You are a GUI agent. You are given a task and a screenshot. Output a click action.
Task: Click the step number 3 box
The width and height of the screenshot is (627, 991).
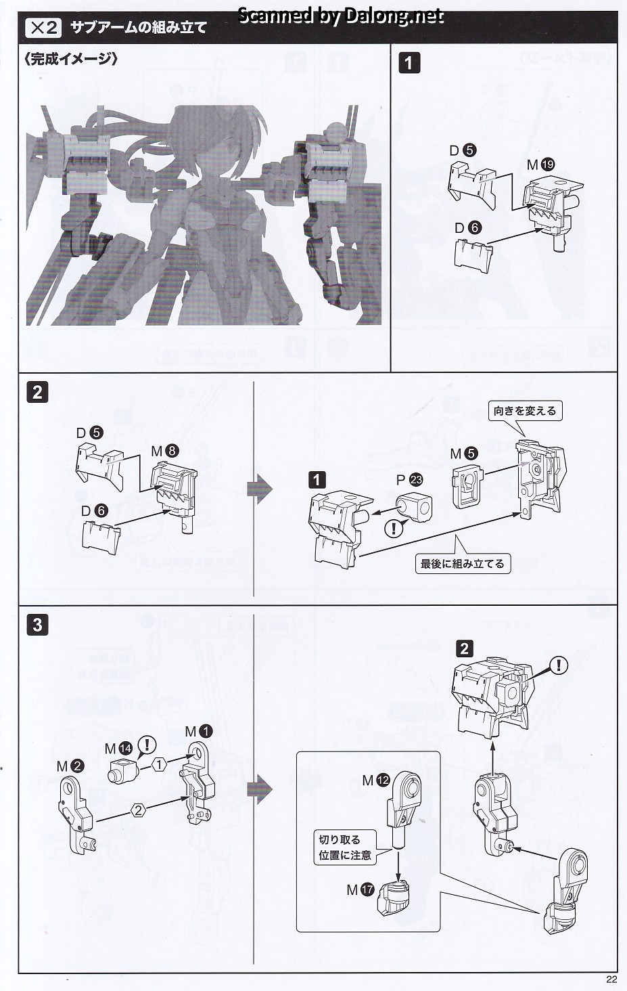coord(37,624)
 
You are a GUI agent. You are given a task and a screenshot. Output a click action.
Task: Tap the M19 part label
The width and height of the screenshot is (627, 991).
coord(540,164)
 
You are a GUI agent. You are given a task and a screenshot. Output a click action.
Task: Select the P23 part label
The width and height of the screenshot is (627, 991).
coord(409,479)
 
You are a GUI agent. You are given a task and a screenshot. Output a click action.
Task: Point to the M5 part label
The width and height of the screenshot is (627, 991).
coord(464,452)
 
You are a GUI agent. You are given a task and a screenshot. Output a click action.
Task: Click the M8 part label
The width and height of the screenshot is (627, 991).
coord(166,451)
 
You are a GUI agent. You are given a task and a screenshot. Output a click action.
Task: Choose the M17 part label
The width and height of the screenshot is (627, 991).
coord(360,890)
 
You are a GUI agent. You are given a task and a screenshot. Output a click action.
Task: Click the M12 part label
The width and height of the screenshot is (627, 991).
coord(375,780)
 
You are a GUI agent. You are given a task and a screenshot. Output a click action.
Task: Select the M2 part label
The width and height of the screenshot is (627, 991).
coord(70,766)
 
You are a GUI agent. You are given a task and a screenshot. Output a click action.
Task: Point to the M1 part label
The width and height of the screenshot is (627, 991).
coord(199,731)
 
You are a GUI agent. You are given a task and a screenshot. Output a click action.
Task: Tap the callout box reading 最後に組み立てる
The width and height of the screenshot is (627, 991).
coord(462,563)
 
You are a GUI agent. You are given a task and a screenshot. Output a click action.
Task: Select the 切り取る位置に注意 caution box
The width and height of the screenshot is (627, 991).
coord(345,847)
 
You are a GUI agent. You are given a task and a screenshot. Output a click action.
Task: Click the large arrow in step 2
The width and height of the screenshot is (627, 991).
coord(259,489)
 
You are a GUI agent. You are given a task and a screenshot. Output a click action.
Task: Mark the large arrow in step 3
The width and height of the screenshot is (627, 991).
coord(259,789)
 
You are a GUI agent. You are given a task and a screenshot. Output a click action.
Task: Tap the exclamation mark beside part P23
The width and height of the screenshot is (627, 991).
coord(393,529)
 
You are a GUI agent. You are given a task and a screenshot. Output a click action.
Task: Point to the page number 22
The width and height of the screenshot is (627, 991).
coord(611,979)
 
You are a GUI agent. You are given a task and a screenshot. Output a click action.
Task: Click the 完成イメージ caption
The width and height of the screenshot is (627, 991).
coord(70,60)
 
